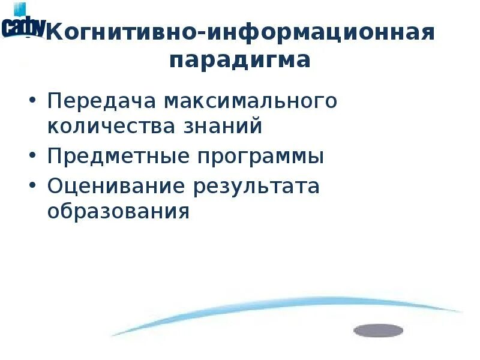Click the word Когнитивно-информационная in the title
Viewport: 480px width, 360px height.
tap(240, 32)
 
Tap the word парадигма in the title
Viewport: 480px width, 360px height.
tap(240, 61)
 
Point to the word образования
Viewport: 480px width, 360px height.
tap(118, 212)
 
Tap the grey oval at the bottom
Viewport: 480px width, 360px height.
tap(378, 330)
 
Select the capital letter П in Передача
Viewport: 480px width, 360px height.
tap(55, 101)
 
